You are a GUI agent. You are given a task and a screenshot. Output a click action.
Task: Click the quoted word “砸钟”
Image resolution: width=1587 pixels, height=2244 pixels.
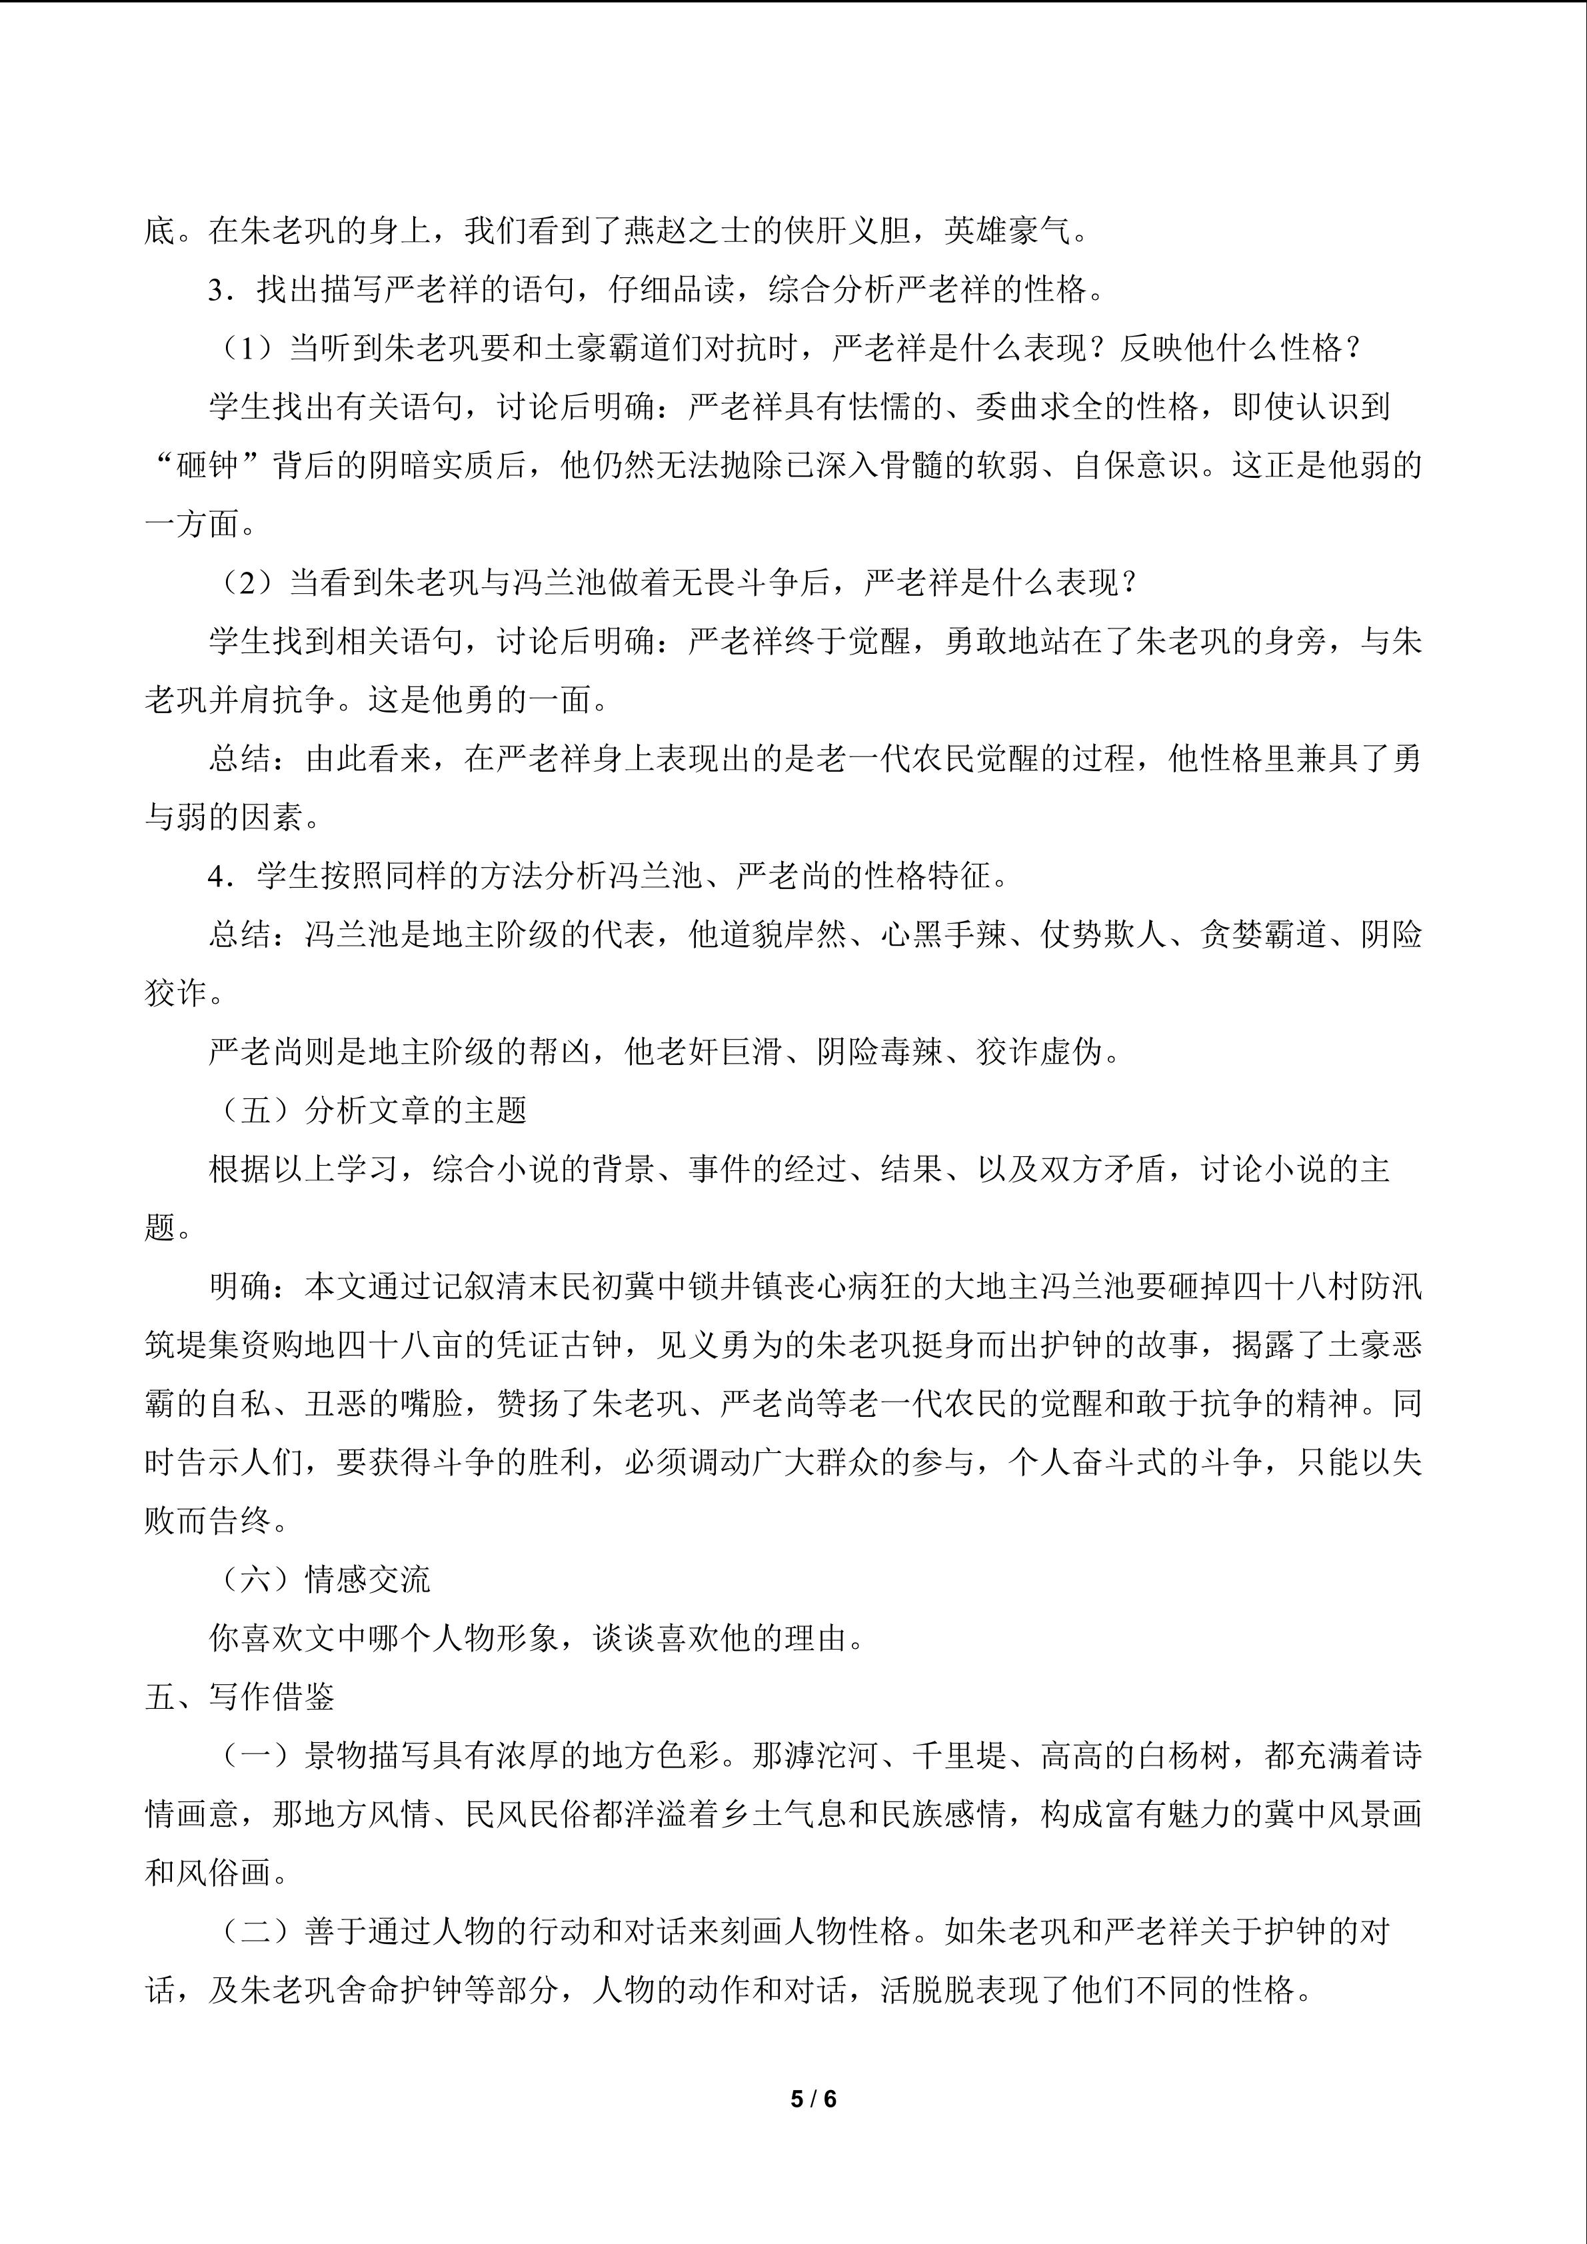tap(208, 465)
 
